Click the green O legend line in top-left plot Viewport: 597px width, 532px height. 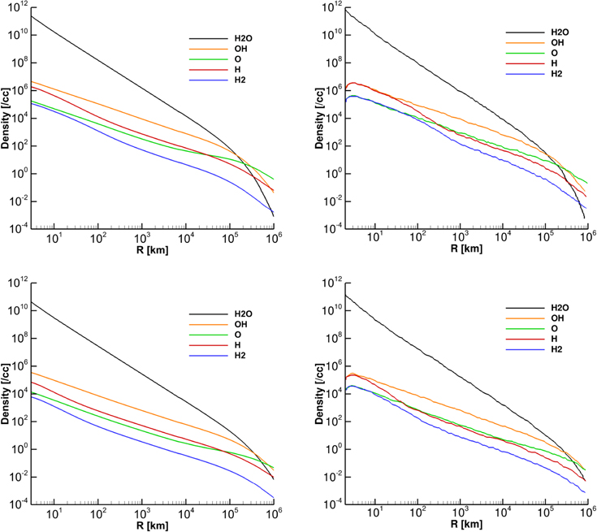[x=204, y=59]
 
